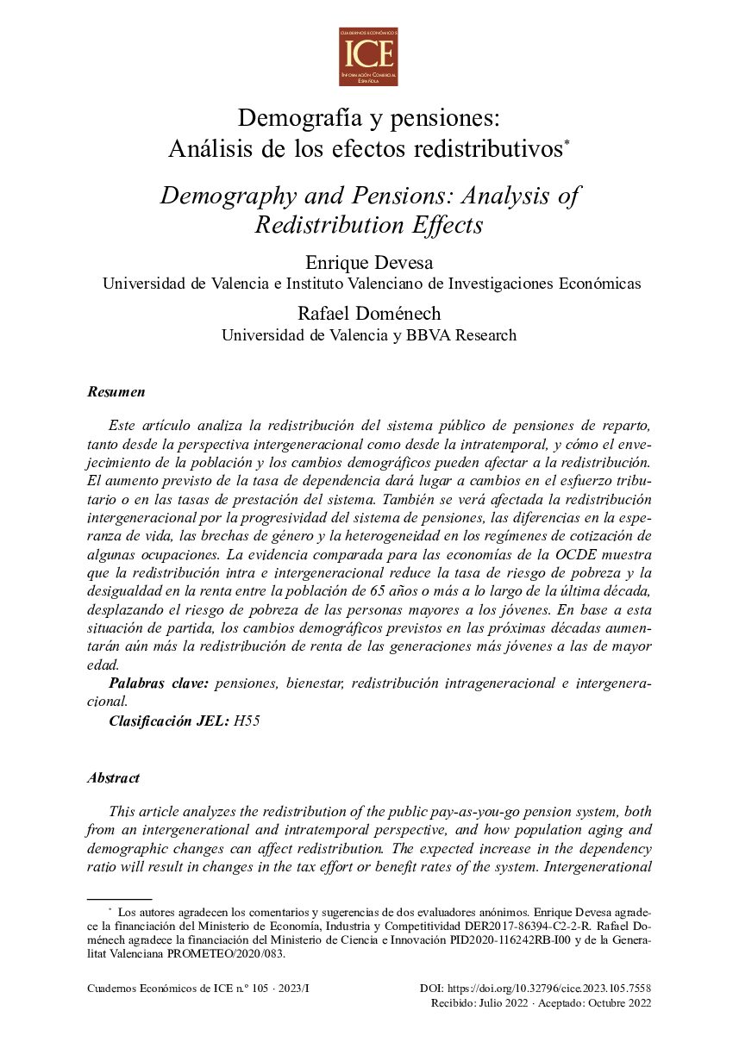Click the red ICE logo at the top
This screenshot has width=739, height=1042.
(x=368, y=57)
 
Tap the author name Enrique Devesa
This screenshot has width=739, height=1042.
(x=369, y=262)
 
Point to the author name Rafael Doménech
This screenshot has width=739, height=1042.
(x=369, y=314)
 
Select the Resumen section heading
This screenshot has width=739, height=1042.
(x=116, y=392)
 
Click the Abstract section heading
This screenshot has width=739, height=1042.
(x=113, y=778)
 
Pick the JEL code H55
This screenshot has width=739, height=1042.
(x=247, y=721)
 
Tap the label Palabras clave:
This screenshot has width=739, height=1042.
(x=159, y=683)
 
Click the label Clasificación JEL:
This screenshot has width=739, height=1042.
(x=168, y=721)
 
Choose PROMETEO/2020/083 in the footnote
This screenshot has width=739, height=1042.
(x=229, y=955)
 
